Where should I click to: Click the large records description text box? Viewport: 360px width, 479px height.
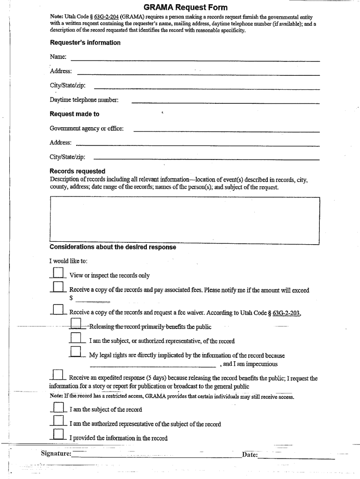[x=184, y=220]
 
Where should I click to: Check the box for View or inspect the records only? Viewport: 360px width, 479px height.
[x=58, y=273]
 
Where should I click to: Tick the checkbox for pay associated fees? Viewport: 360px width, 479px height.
[x=58, y=287]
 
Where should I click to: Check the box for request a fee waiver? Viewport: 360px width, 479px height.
[x=58, y=310]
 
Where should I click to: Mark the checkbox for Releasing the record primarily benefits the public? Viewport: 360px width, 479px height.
[x=76, y=324]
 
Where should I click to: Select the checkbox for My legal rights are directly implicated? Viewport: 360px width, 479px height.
[x=76, y=352]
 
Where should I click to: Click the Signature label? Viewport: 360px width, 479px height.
[x=56, y=453]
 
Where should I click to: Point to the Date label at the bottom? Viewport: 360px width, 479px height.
[x=250, y=454]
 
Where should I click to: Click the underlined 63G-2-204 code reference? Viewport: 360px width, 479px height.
[x=106, y=17]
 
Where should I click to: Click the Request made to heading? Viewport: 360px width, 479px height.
[x=74, y=114]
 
